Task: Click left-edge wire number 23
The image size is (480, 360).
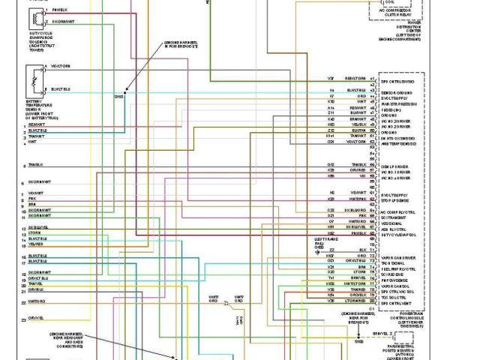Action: pos(24,319)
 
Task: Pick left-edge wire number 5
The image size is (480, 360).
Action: pos(24,165)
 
